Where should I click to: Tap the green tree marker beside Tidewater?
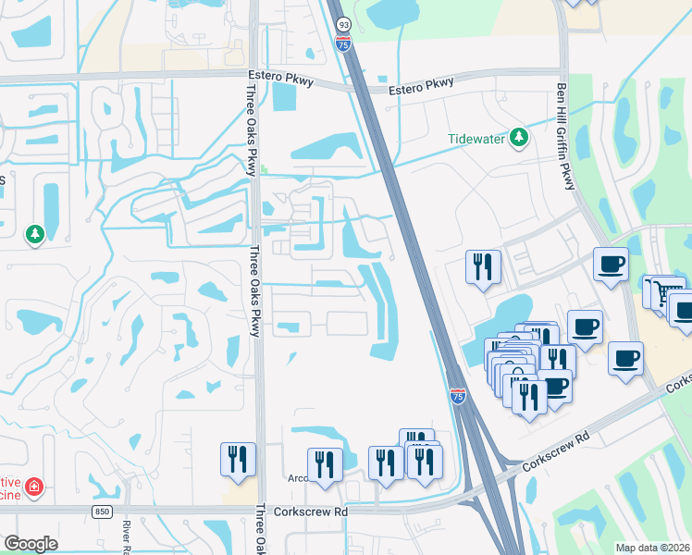[519, 138]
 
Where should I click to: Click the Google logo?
[30, 544]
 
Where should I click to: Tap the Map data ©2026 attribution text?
[652, 548]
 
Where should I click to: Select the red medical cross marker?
[35, 486]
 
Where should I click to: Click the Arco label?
[297, 479]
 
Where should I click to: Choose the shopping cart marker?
[659, 291]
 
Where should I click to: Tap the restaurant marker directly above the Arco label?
[325, 463]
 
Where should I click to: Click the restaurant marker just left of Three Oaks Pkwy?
[238, 459]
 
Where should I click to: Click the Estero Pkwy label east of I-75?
[421, 84]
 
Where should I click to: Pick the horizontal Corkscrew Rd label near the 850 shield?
[315, 510]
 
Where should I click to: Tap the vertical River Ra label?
[125, 537]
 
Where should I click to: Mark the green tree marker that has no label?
[35, 234]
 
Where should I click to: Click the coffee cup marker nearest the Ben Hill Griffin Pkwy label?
[611, 264]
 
